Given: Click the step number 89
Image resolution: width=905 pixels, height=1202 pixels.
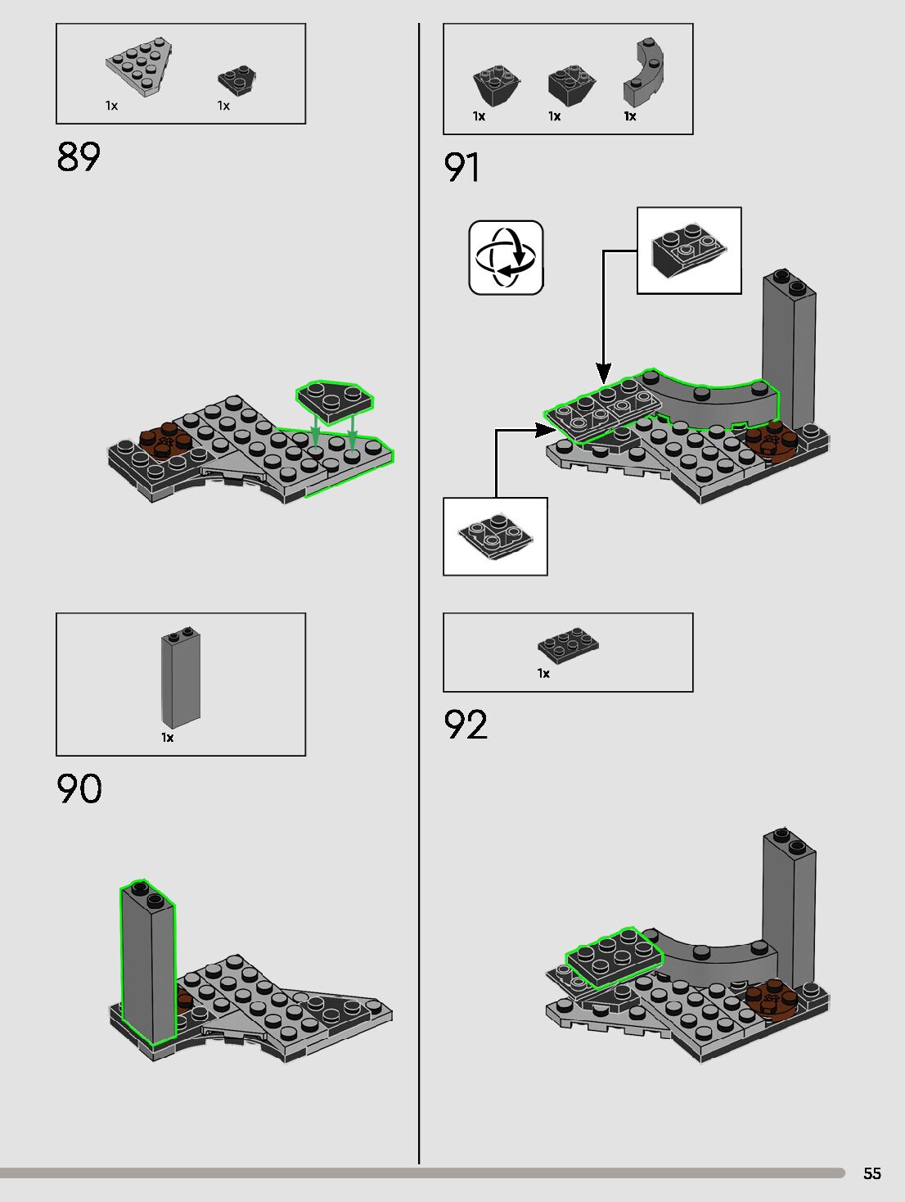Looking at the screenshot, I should coord(79,156).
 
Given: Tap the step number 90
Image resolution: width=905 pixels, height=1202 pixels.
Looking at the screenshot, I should coord(79,789).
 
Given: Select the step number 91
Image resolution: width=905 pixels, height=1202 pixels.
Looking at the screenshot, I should coord(462,167).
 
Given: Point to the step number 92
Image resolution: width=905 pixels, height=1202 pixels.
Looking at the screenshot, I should coord(466,725).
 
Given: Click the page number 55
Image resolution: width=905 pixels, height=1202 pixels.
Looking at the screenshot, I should coord(872,1173).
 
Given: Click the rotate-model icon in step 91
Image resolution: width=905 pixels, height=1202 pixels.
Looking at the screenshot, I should coord(506,257).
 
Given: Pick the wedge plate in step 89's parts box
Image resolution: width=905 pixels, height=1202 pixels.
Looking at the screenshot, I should coord(139,67).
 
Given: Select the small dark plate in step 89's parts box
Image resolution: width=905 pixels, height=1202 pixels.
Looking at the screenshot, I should coord(237,79).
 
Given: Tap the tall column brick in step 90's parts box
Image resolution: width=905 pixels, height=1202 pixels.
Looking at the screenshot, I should coord(181,677).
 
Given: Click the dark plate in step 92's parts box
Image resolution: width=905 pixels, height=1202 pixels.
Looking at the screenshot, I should coord(568,644).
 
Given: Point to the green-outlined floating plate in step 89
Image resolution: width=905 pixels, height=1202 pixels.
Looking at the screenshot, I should coord(334,400).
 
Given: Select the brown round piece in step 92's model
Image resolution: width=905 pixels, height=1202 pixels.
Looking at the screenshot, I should coord(770,998).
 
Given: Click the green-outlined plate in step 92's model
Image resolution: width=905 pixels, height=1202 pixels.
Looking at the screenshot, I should coord(613,956).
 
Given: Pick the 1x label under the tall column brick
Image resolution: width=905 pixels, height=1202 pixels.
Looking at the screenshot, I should coord(167,738).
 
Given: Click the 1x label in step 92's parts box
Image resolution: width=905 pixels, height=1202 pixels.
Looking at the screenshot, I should coord(543,673).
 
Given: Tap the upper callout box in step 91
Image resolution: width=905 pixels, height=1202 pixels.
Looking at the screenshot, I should coord(689,250).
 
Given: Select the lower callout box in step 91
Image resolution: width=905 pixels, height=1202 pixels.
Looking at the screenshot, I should coord(495,536).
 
